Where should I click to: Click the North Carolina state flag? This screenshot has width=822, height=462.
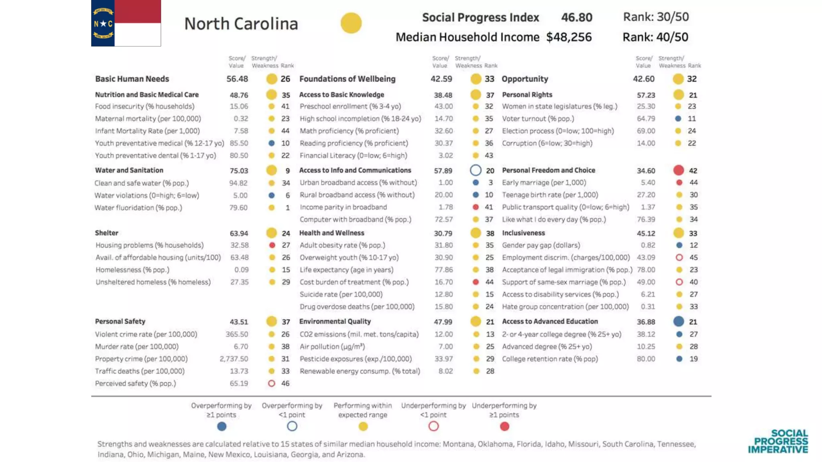coord(126,23)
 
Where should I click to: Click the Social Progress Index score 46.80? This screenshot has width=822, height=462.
coord(576,17)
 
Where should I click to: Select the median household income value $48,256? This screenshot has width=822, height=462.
coord(569,37)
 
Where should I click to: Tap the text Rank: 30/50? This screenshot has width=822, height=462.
coord(655,17)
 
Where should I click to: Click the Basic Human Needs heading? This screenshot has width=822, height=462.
coord(132,79)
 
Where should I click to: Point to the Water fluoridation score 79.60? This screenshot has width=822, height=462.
coord(238,208)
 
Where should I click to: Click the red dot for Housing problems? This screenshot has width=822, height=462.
coord(272,245)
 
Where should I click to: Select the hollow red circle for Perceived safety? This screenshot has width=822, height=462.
coord(272,383)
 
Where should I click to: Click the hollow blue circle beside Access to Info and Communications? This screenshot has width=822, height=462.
coord(476,170)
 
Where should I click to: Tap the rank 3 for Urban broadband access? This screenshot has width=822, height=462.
coord(490,182)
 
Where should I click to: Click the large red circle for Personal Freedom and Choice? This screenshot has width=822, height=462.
coord(679,170)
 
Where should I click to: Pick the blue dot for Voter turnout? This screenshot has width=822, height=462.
coord(678,119)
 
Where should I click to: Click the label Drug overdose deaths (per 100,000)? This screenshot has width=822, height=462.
coord(357,307)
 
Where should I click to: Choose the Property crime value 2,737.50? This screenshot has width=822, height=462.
coord(234,359)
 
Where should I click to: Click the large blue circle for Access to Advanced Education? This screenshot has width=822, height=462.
coord(679,322)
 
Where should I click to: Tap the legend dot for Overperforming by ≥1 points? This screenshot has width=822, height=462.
coord(222,426)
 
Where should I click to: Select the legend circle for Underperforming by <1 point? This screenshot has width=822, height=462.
coord(433,426)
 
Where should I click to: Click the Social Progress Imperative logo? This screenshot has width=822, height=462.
coord(778,442)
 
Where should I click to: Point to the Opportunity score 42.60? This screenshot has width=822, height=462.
coord(643,79)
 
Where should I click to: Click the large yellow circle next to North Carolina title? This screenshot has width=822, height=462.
coord(351,23)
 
